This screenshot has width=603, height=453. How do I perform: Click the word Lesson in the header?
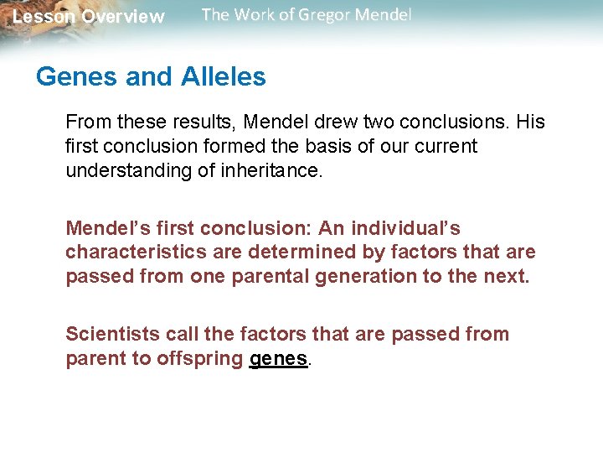pos(44,17)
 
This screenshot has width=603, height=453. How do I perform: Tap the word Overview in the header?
pos(123,17)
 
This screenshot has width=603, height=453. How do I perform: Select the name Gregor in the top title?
pos(322,15)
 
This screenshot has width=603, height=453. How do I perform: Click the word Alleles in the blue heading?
pos(219,77)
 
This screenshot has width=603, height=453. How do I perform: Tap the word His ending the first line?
pos(530,122)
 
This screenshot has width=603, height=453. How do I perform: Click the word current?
pos(445,146)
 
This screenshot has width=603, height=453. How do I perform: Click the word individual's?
pos(405,228)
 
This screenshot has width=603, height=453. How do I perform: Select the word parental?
pos(273,275)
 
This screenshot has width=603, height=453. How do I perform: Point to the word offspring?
pos(198,358)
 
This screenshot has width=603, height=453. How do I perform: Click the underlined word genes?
pos(280,358)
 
